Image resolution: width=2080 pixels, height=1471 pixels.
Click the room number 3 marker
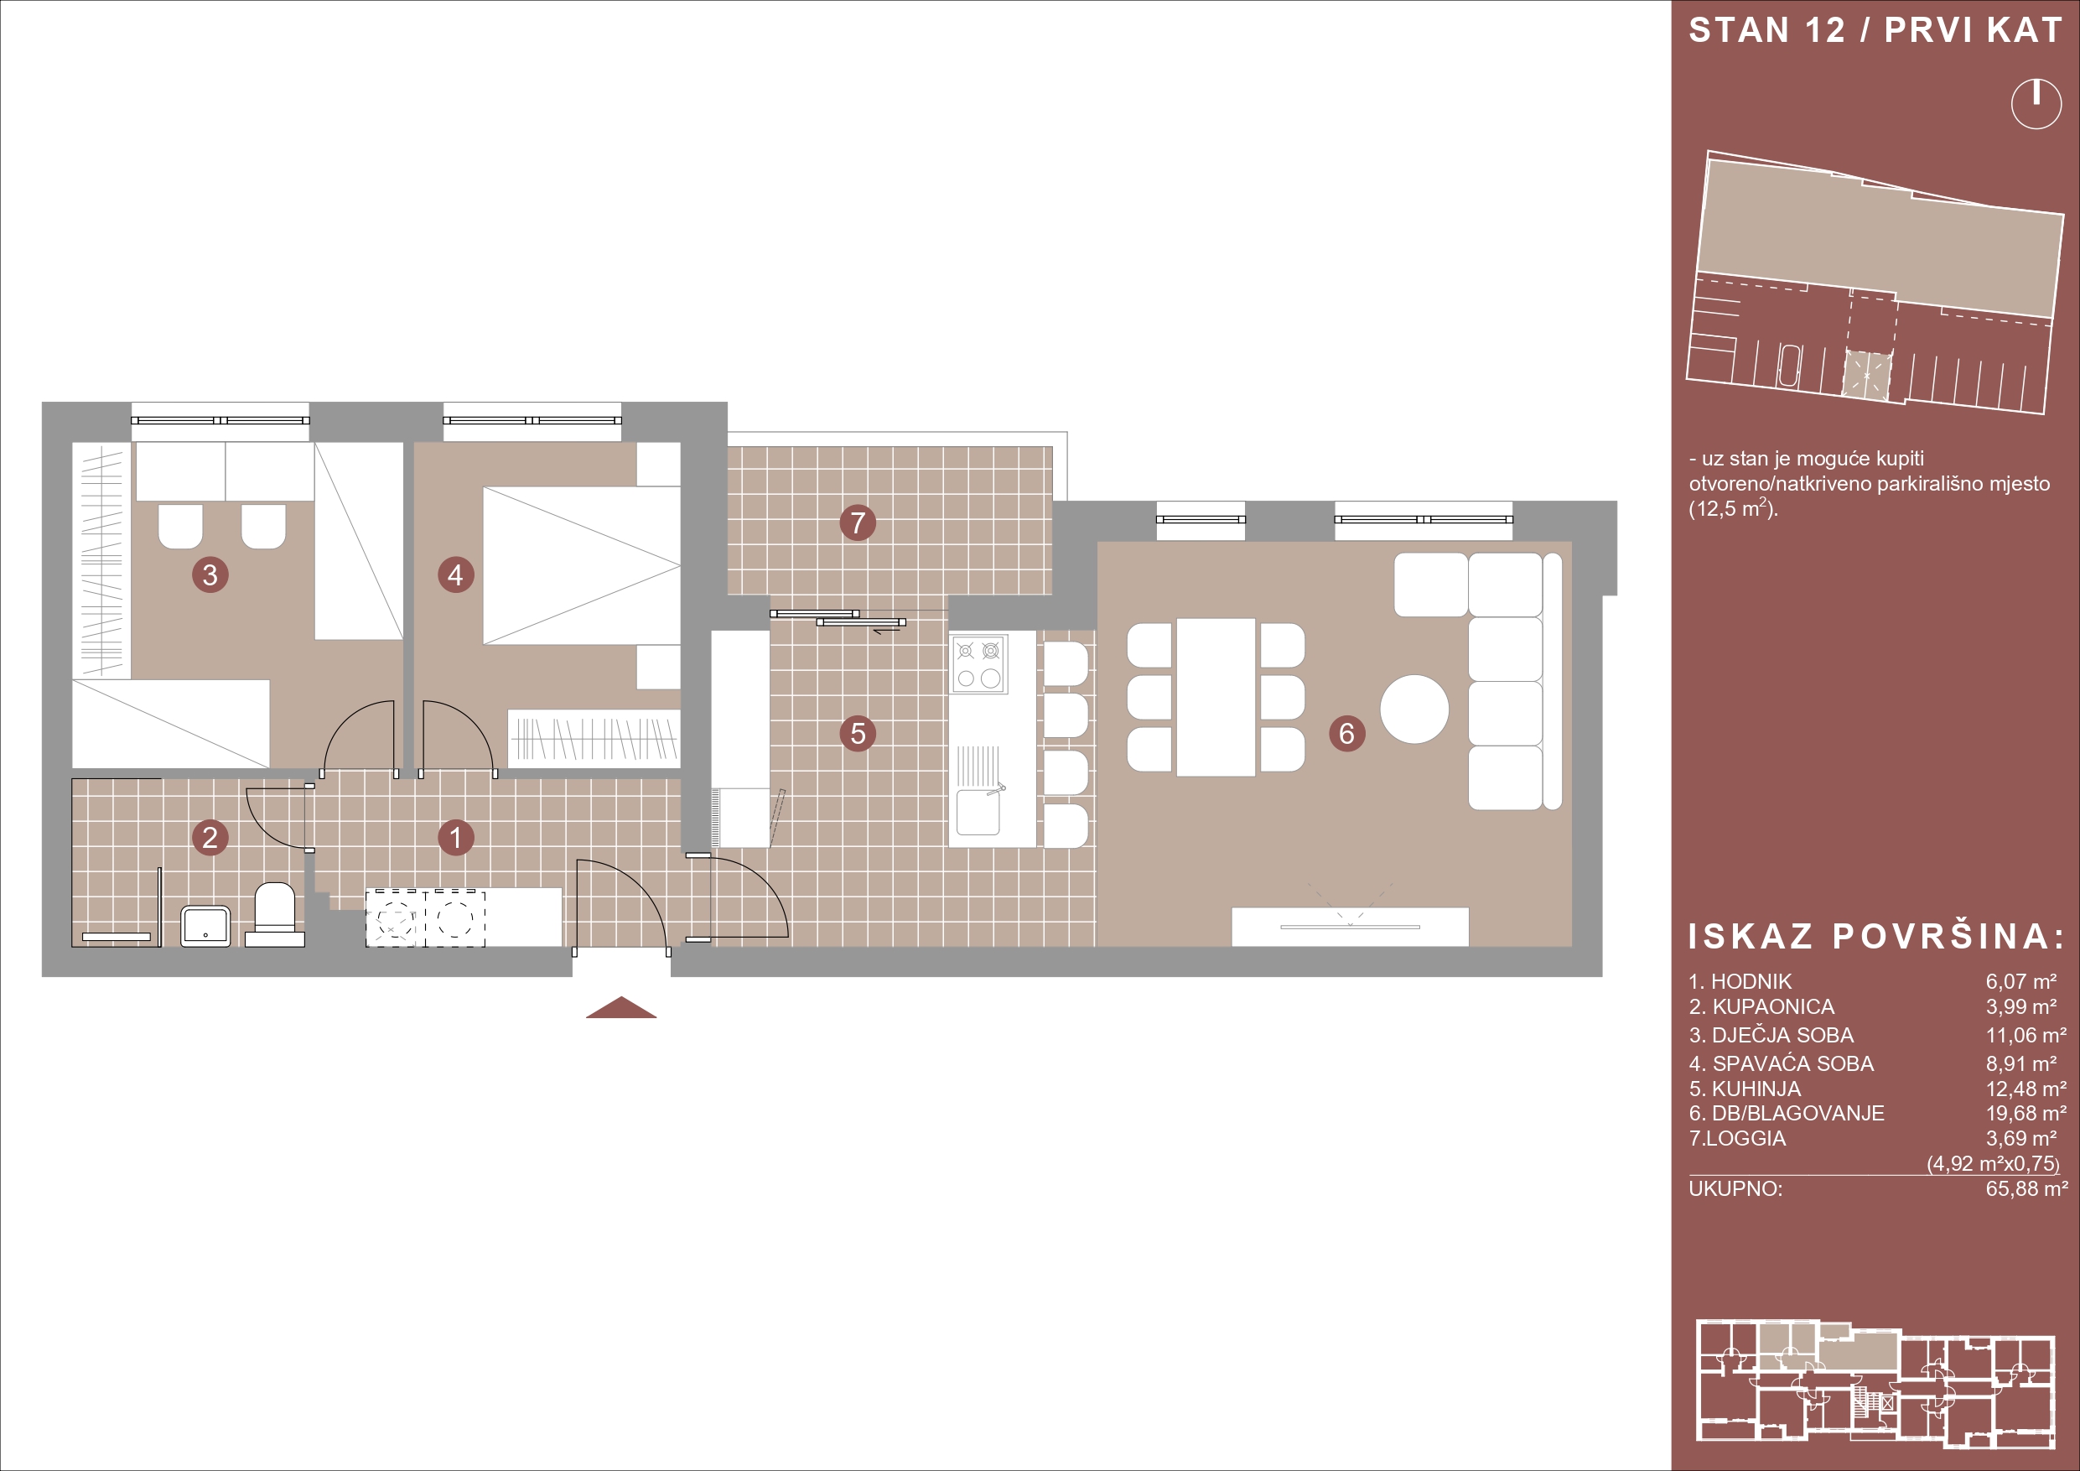click(x=210, y=574)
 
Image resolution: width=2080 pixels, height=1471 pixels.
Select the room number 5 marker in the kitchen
click(x=857, y=733)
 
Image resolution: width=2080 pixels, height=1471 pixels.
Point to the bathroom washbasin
click(x=205, y=926)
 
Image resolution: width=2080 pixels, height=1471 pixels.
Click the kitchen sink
click(x=978, y=811)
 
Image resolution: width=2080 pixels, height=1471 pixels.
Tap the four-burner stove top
click(x=979, y=663)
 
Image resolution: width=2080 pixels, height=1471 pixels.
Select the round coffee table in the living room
click(x=1414, y=709)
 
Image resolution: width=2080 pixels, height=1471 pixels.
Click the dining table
click(x=1216, y=697)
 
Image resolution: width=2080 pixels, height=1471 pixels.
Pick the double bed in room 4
click(x=581, y=565)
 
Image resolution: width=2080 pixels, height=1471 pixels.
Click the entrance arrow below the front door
click(x=621, y=1007)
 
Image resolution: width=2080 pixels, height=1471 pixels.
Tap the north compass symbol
click(x=2036, y=104)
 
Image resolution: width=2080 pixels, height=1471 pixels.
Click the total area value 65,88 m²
click(x=2026, y=1188)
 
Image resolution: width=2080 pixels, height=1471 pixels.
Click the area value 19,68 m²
click(x=2026, y=1113)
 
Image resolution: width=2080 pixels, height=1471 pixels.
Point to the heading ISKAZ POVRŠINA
click(x=1876, y=936)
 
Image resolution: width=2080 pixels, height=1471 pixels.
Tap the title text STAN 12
click(x=1766, y=31)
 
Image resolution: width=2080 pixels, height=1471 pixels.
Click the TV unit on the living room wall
click(x=1350, y=926)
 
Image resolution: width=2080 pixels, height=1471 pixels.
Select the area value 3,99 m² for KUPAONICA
click(x=2021, y=1006)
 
